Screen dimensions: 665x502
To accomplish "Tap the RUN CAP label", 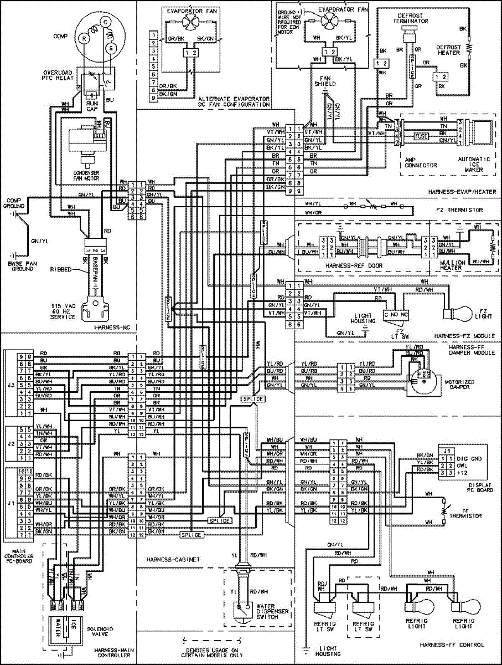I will tap(91, 106).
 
